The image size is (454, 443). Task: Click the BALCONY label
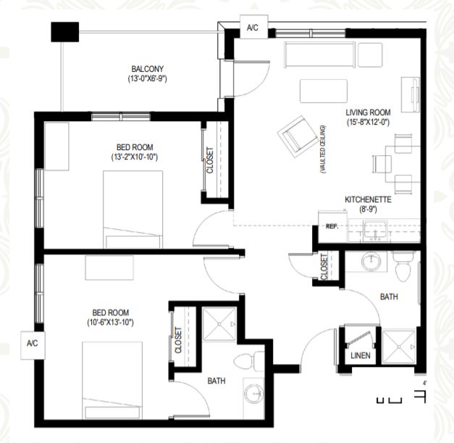[x=148, y=69]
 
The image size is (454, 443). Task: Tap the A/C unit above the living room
[x=254, y=27]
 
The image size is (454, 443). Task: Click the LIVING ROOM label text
[x=368, y=112]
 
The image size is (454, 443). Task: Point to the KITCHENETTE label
[x=368, y=200]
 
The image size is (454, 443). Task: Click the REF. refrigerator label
[x=332, y=226]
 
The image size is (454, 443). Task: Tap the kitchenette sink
[x=375, y=231]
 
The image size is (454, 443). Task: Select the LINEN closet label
[x=361, y=355]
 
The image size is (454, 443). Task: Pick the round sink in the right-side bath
[x=371, y=261]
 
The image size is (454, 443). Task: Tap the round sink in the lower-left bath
[x=254, y=394]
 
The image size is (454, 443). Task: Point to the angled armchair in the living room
[x=298, y=136]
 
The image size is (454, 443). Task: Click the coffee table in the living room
[x=324, y=91]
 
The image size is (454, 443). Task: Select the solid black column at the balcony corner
[x=65, y=32]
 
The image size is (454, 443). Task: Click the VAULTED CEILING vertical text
[x=323, y=149]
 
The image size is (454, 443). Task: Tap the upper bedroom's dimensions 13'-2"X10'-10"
[x=135, y=157]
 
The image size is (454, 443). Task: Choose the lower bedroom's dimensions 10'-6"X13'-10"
[x=110, y=323]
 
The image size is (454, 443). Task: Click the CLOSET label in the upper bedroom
[x=210, y=160]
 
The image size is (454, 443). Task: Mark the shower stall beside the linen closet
[x=399, y=347]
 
